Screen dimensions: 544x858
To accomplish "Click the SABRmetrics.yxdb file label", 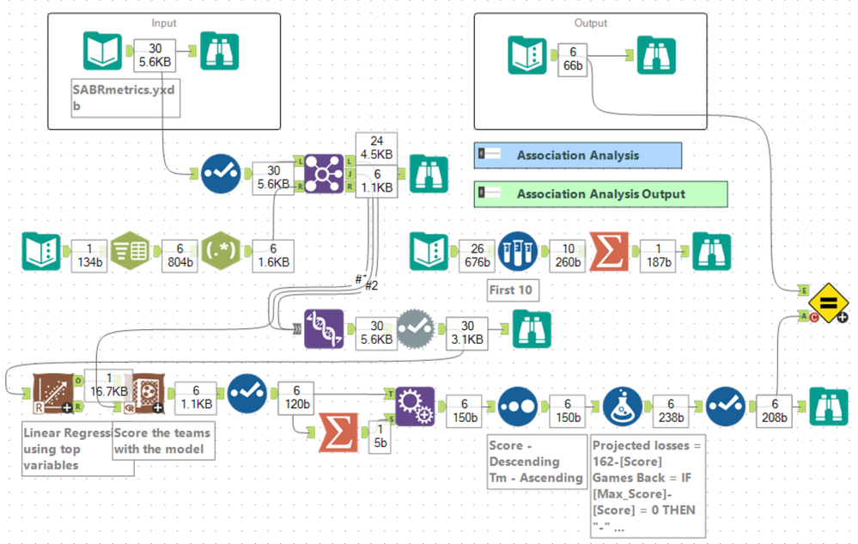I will pyautogui.click(x=127, y=97).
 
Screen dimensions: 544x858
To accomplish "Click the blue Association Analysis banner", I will pyautogui.click(x=577, y=156).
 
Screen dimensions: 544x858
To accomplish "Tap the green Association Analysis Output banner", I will pyautogui.click(x=600, y=193).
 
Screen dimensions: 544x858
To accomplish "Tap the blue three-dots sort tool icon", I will pyautogui.click(x=519, y=405).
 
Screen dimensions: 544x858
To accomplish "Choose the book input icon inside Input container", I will pyautogui.click(x=103, y=51).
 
